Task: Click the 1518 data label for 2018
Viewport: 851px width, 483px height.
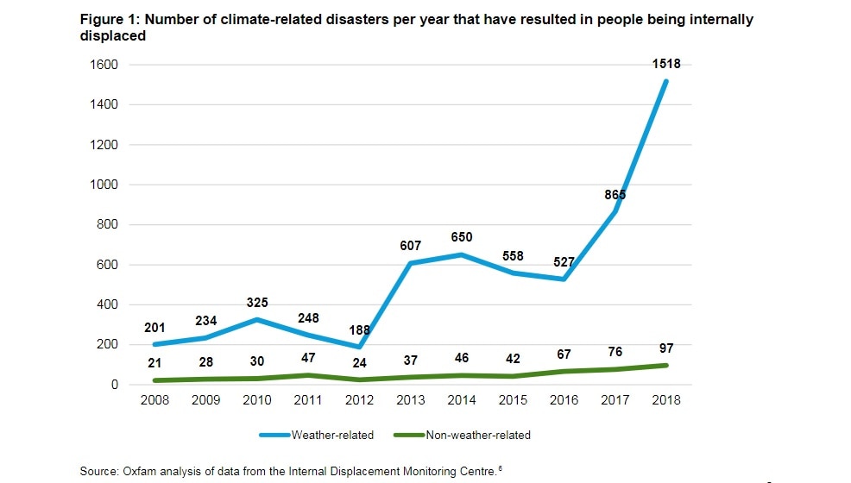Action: click(x=666, y=64)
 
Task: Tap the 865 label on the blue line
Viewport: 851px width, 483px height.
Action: click(x=615, y=195)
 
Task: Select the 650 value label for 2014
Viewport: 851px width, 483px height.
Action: click(x=462, y=237)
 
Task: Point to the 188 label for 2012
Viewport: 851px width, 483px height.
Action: click(x=359, y=329)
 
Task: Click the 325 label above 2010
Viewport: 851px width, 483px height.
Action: click(x=257, y=303)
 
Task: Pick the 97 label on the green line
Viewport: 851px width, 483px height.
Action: click(x=666, y=348)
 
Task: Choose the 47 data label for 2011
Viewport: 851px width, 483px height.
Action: click(x=308, y=358)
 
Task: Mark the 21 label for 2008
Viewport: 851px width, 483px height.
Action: click(x=154, y=363)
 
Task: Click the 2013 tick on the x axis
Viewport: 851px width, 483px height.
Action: click(x=410, y=401)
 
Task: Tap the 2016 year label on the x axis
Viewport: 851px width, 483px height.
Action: click(x=564, y=401)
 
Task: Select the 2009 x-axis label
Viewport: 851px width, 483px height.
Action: click(x=205, y=401)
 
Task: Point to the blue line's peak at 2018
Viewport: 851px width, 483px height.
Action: click(x=666, y=81)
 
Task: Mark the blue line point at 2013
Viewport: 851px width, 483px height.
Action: click(x=410, y=263)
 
